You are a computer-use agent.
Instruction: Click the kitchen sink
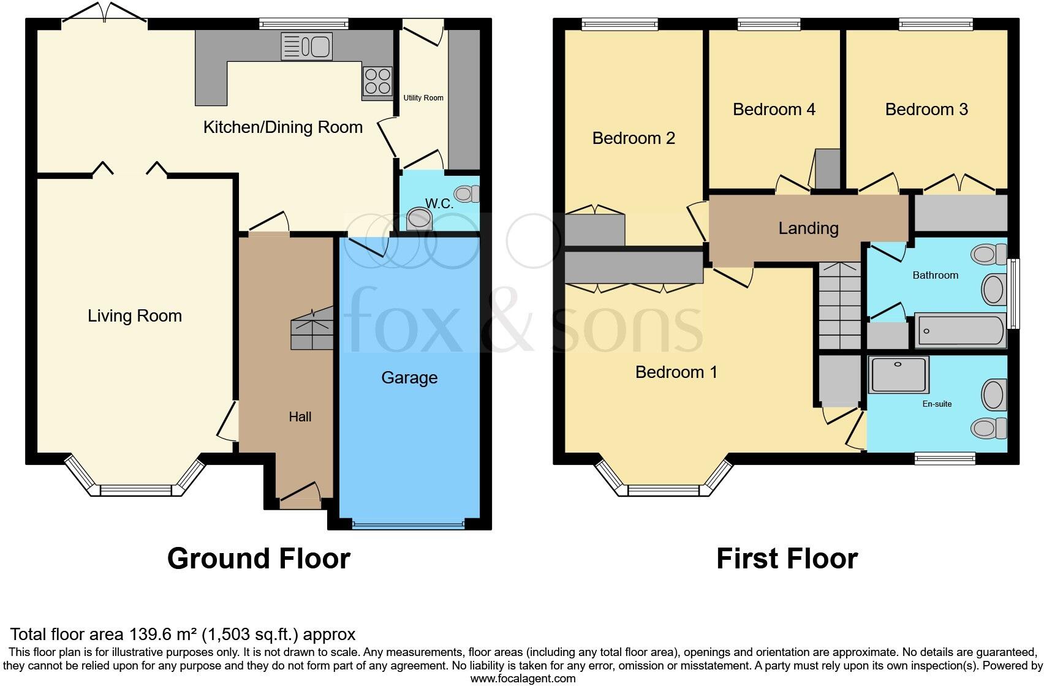[x=306, y=47]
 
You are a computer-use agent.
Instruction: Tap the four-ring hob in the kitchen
[x=377, y=81]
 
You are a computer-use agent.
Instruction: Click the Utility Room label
[x=423, y=98]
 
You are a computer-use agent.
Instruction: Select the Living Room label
[x=135, y=316]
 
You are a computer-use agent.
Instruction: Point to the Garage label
[x=409, y=378]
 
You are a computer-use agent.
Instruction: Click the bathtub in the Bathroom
[x=959, y=331]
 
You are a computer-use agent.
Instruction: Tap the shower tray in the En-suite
[x=899, y=374]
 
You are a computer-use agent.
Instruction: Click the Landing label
[x=808, y=228]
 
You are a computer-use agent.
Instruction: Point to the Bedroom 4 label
[x=774, y=110]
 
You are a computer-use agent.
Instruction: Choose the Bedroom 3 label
[x=926, y=110]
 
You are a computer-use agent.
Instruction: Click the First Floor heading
[x=787, y=559]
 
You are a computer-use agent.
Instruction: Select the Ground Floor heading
[x=259, y=559]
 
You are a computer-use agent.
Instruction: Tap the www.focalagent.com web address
[x=522, y=678]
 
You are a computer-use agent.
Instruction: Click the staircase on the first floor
[x=839, y=306]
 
